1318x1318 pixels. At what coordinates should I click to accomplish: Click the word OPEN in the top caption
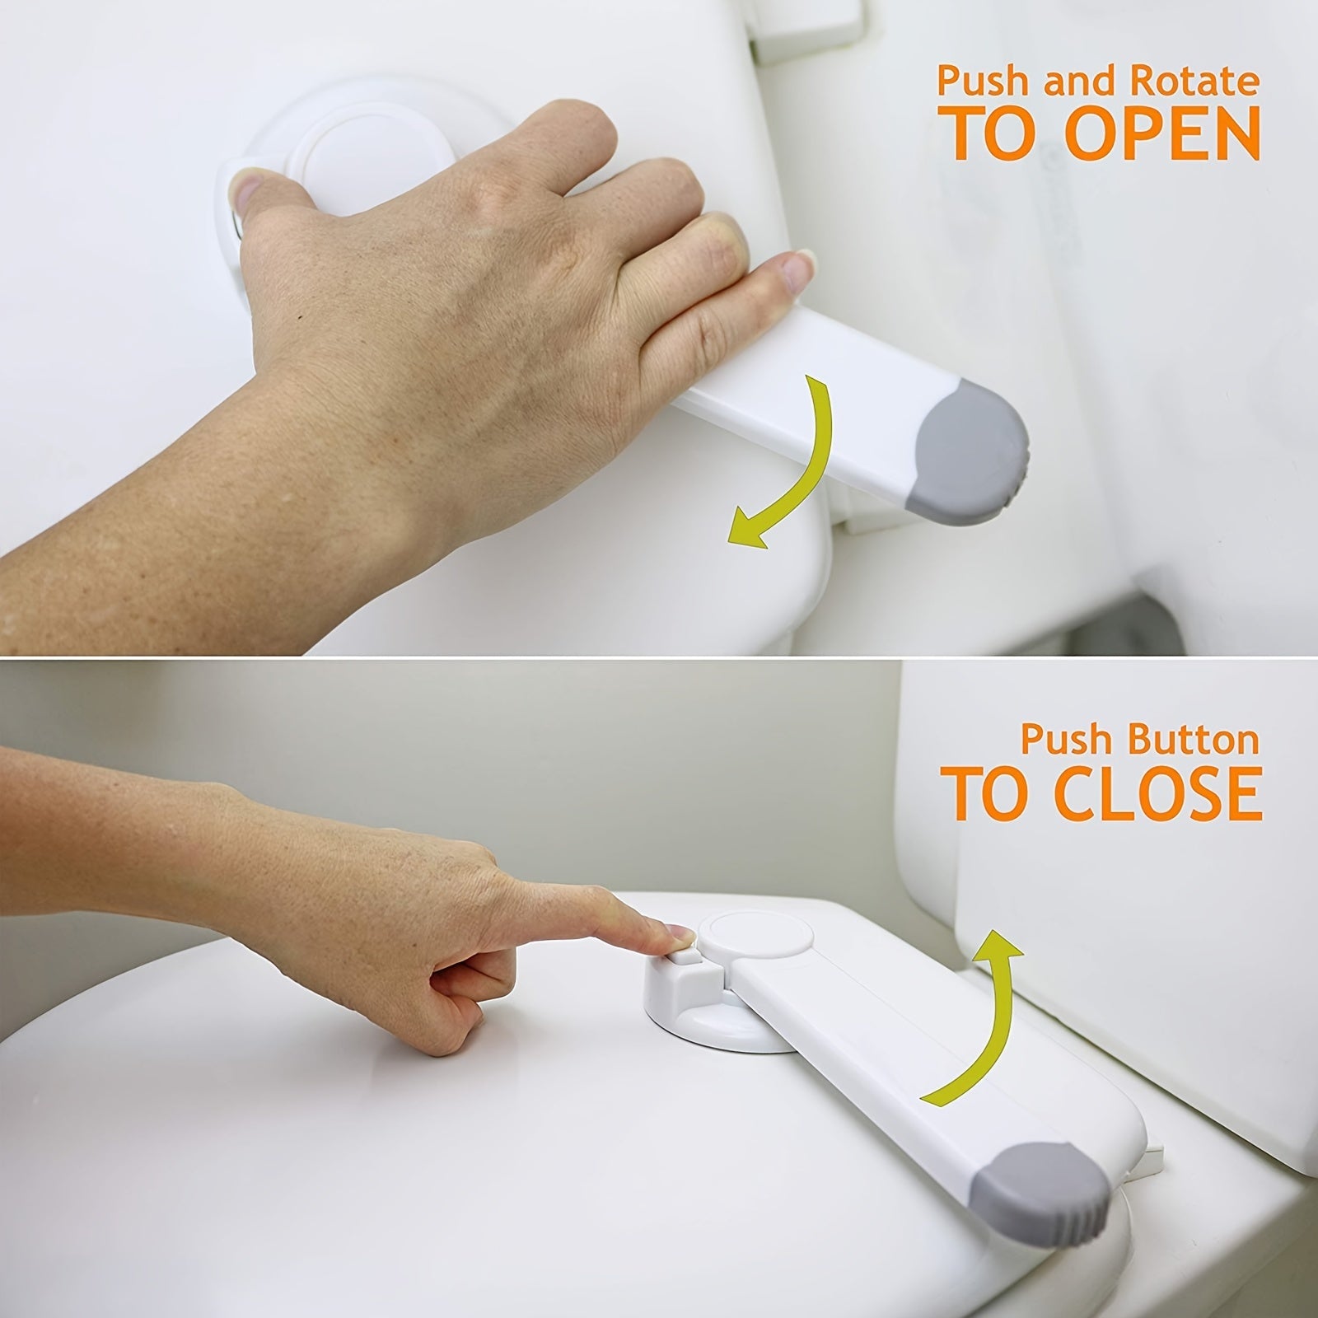pyautogui.click(x=1162, y=133)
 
